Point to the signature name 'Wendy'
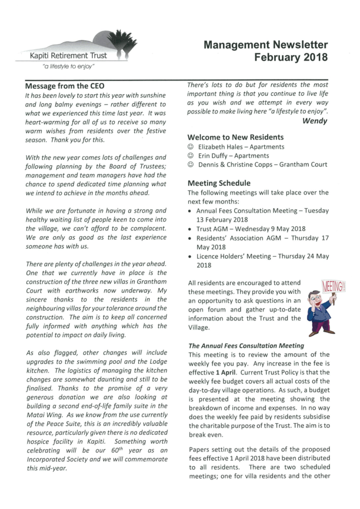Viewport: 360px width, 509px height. pos(315,121)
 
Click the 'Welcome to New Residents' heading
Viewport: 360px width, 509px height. pos(235,137)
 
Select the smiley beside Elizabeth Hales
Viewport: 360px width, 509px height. pos(190,147)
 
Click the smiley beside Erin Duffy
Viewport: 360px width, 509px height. pos(190,156)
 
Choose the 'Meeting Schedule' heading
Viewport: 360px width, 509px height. pos(218,183)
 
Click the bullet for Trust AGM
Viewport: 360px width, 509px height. pos(190,229)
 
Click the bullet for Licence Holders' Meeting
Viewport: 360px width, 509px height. pos(190,257)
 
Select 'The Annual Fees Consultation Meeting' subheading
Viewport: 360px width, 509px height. pos(245,346)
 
